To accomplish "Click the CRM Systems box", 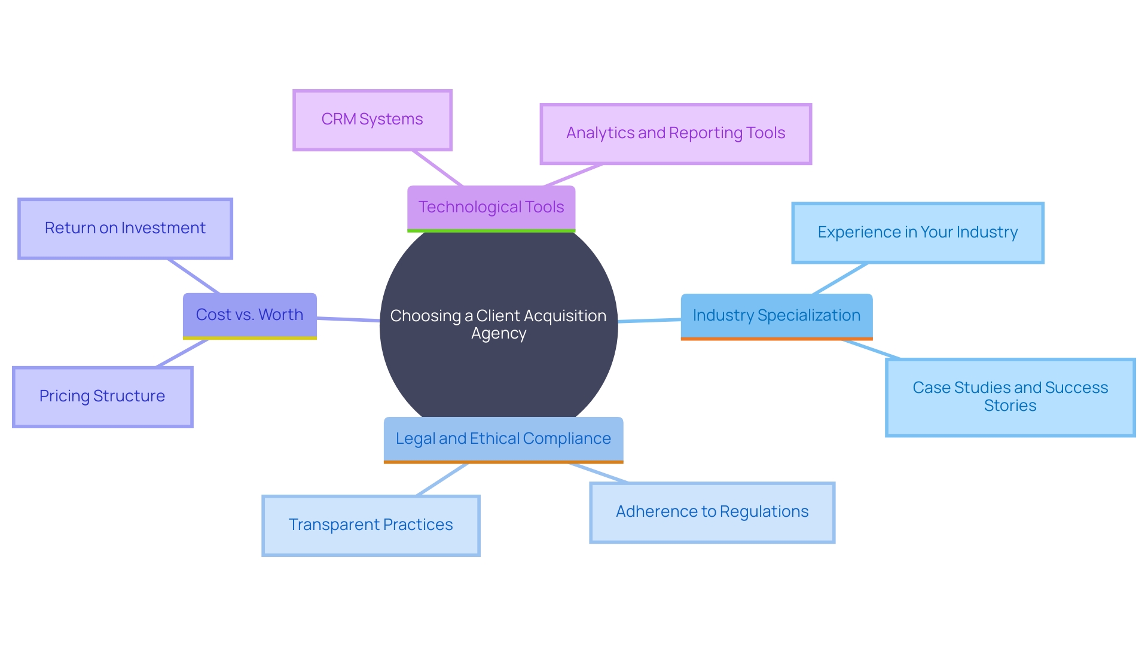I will [372, 120].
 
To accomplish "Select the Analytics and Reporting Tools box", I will [676, 133].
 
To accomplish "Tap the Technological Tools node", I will [491, 207].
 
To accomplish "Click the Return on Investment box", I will [125, 228].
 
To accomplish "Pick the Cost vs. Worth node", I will [249, 315].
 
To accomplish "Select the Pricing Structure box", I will [102, 397].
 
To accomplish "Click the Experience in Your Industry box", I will [917, 233].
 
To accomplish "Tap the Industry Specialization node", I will [776, 315].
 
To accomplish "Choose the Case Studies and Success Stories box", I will [1010, 397].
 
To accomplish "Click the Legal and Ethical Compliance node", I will [503, 438].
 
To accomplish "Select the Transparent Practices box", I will [371, 525].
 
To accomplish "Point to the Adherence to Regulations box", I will [712, 512].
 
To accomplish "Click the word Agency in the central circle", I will [499, 334].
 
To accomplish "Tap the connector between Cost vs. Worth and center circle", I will [348, 320].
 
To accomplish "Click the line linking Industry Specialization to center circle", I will [649, 321].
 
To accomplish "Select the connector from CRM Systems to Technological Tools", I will [437, 168].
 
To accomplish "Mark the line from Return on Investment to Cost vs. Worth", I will [194, 276].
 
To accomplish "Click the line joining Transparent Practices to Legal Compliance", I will [442, 479].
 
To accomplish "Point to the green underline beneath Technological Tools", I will [491, 230].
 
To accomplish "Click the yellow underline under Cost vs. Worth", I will [249, 338].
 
